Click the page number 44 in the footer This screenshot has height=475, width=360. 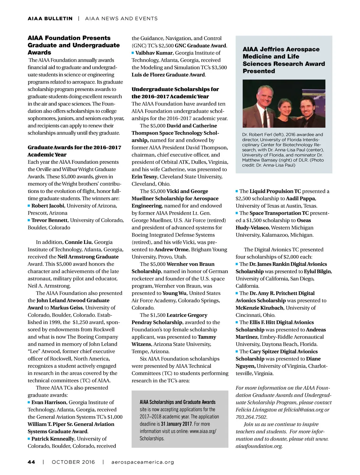click(x=31, y=462)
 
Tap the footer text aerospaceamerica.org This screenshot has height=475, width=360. click(x=143, y=462)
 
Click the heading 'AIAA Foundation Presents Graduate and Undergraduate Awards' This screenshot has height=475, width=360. click(x=74, y=45)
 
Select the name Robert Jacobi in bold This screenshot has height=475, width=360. click(x=48, y=206)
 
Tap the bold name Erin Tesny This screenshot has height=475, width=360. click(x=144, y=176)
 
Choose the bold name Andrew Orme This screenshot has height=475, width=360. click(x=169, y=249)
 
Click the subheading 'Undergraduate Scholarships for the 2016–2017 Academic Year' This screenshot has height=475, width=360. click(x=175, y=93)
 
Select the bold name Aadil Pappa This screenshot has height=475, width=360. click(x=301, y=199)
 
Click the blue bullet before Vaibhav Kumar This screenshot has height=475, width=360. click(x=133, y=53)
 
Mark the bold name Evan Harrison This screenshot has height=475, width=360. click(x=49, y=402)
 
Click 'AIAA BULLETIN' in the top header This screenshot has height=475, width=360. click(x=50, y=18)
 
